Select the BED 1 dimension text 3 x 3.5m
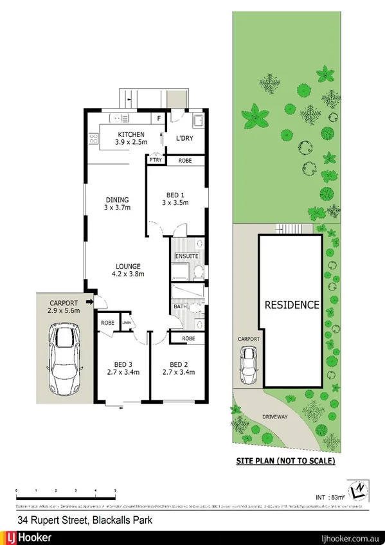click(175, 202)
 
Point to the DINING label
click(118, 199)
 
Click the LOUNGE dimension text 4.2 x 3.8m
click(128, 274)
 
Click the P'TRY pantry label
click(155, 160)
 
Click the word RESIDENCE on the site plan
click(292, 305)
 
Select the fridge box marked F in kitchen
click(159, 118)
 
